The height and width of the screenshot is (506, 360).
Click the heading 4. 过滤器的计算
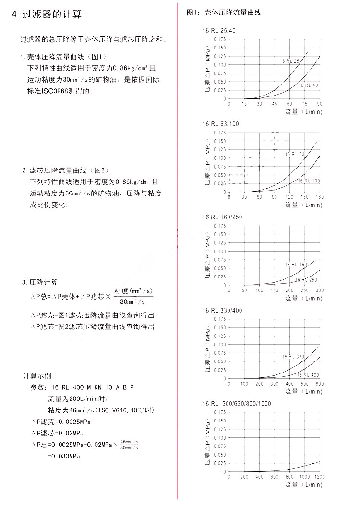point(47,14)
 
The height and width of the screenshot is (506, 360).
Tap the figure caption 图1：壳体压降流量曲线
point(224,12)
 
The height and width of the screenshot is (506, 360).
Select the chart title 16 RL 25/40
point(219,31)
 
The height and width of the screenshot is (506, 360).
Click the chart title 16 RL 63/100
point(220,124)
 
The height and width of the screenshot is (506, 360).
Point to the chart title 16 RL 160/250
point(222,217)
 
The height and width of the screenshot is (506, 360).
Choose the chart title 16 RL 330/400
point(222,310)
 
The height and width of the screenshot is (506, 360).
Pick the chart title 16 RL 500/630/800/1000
point(237,403)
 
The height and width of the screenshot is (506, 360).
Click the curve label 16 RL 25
point(290,61)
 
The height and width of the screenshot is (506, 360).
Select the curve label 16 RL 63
point(295,154)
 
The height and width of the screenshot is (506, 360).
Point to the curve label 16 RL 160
point(296,265)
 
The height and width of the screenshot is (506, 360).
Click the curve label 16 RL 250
point(306,280)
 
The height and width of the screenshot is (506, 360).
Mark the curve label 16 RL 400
point(308,374)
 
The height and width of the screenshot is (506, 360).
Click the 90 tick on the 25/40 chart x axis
point(320,104)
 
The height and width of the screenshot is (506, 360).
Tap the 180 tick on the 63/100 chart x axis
point(320,197)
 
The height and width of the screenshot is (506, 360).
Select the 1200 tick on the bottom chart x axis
point(320,477)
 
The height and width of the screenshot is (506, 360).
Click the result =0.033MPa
point(64,456)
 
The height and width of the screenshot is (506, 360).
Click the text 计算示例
point(37,375)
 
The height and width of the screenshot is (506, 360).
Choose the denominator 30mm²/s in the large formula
point(132,302)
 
